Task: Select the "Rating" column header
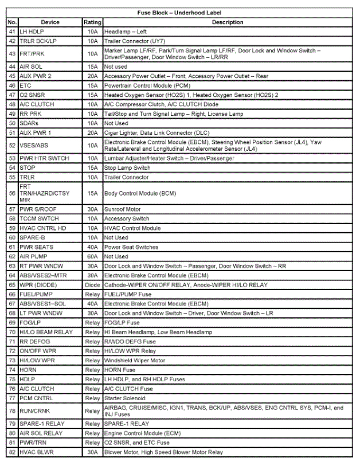click(x=92, y=22)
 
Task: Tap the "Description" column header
click(x=228, y=22)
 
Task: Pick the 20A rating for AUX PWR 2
click(x=92, y=75)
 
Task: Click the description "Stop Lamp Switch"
click(x=127, y=168)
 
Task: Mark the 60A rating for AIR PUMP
click(x=92, y=257)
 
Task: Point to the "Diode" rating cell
click(x=92, y=285)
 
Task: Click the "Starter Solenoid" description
click(x=124, y=398)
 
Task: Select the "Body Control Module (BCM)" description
click(x=140, y=193)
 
